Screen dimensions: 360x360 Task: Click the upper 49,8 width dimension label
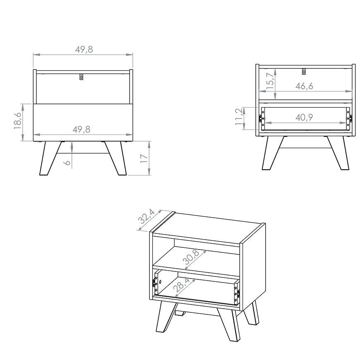click(x=84, y=49)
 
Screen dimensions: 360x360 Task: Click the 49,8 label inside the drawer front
click(x=82, y=130)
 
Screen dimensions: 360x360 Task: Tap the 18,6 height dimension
click(x=18, y=120)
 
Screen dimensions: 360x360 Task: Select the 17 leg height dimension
click(x=144, y=158)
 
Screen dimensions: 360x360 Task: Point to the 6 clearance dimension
click(x=67, y=163)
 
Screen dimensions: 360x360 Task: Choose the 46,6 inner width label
click(x=304, y=86)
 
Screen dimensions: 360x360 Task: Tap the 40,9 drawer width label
click(x=304, y=118)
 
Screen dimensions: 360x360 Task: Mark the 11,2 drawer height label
click(x=239, y=117)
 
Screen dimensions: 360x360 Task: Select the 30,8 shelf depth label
click(x=191, y=257)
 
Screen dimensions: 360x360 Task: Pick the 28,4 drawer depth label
click(x=181, y=285)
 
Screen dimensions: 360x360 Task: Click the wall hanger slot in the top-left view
click(x=82, y=77)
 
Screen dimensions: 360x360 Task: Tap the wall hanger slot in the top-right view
click(x=304, y=72)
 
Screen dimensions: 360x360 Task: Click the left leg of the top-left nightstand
click(x=50, y=158)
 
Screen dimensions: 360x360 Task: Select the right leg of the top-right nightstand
click(x=338, y=153)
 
